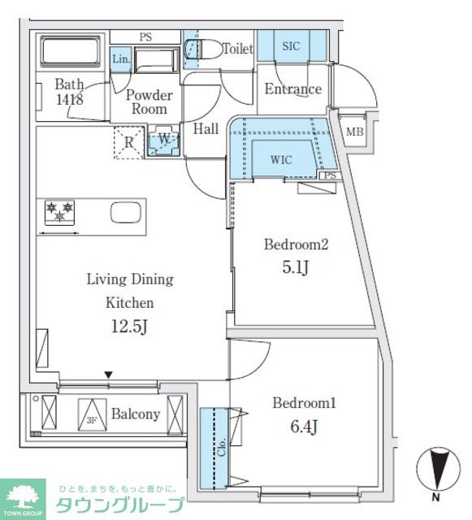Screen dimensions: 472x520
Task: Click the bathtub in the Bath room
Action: click(x=71, y=51)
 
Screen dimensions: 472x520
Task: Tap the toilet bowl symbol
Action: click(x=203, y=50)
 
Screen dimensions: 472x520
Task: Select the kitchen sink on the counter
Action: click(x=126, y=213)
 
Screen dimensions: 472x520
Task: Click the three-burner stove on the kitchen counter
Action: click(x=59, y=213)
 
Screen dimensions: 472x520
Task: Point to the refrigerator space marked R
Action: click(x=128, y=143)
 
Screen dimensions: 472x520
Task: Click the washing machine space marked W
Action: click(x=163, y=141)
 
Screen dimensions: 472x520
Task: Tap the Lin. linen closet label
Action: click(x=121, y=59)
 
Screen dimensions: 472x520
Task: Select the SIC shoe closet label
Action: click(x=291, y=46)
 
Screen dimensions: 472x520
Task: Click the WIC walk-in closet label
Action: click(x=281, y=160)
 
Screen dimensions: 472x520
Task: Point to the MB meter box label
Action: click(x=354, y=132)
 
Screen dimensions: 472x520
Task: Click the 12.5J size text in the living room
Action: click(x=129, y=327)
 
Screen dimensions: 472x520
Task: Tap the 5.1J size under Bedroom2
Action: click(x=296, y=267)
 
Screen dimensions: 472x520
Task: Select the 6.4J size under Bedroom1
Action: click(x=304, y=427)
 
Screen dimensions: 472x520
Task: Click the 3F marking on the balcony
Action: click(x=92, y=421)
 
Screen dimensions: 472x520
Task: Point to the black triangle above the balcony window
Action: click(x=109, y=375)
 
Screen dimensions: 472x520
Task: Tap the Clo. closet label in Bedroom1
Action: click(x=222, y=446)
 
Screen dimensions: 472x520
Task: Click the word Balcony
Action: click(x=136, y=414)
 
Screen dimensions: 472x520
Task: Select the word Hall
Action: click(x=206, y=128)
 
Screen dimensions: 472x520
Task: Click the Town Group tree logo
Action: click(x=23, y=496)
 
